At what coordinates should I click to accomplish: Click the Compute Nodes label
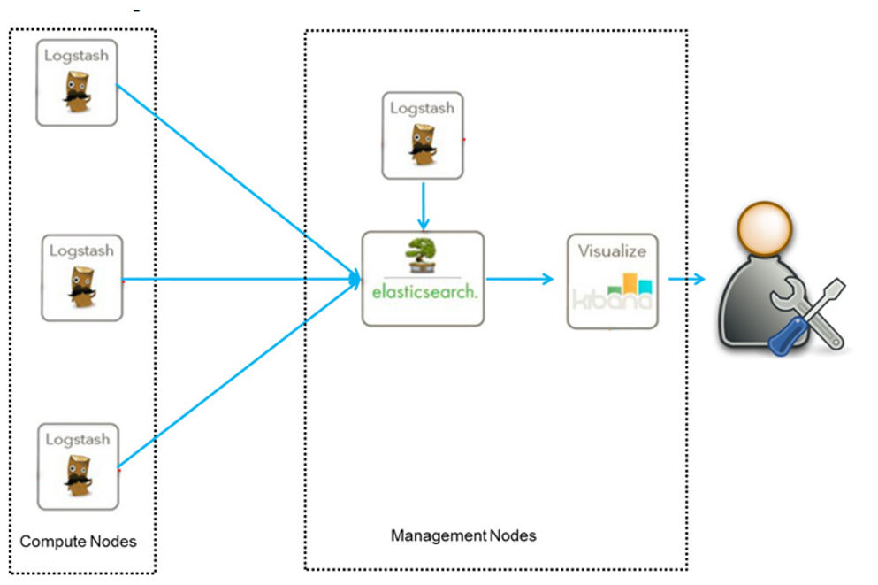point(78,541)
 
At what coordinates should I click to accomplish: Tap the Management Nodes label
point(462,535)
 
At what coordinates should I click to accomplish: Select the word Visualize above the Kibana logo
point(612,250)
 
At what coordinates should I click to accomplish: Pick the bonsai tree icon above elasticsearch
point(422,256)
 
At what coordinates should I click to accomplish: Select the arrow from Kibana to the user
point(687,280)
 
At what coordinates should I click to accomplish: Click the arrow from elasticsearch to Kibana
point(520,280)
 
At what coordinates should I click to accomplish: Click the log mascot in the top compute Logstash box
point(77,93)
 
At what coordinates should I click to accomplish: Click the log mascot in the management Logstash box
point(423,145)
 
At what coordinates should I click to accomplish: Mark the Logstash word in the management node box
point(423,108)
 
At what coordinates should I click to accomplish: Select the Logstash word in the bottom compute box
point(78,439)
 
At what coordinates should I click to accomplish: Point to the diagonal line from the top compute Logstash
point(234,181)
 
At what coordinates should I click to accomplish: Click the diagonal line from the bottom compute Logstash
point(234,375)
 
